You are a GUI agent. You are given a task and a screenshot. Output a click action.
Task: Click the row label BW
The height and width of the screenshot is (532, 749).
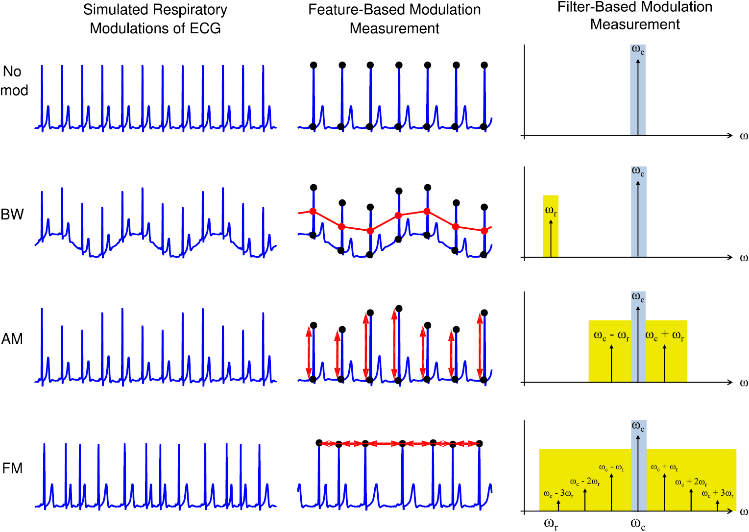tap(12, 214)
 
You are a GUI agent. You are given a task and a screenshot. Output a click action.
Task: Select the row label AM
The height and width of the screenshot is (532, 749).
tap(12, 339)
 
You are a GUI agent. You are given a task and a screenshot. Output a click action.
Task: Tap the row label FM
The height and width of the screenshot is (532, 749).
tap(12, 468)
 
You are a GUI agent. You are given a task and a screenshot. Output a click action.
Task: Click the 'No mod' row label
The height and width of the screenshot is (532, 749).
tap(14, 81)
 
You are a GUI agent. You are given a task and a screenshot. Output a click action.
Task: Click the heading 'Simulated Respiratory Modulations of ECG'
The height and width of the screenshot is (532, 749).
tap(155, 19)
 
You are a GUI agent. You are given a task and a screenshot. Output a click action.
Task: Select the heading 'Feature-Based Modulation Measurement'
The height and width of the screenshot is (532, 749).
tap(394, 19)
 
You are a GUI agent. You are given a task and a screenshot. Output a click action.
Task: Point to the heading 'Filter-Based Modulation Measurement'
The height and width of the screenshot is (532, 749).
tap(635, 15)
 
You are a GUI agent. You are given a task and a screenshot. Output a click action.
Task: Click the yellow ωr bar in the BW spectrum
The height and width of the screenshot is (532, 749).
tap(551, 226)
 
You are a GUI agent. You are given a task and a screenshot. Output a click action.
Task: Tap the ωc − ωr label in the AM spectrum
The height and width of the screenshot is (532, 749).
tap(611, 336)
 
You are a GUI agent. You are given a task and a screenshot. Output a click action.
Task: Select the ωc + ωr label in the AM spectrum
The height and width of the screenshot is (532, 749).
tap(664, 336)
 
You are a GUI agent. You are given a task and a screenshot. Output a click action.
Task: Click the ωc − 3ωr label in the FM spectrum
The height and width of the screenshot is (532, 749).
tap(558, 493)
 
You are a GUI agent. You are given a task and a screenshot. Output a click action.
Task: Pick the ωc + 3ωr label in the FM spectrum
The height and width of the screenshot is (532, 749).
tap(718, 493)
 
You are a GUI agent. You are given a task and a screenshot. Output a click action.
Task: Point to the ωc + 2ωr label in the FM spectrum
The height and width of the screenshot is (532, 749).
tap(691, 482)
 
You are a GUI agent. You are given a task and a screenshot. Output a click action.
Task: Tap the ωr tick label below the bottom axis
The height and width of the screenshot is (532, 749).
tap(551, 524)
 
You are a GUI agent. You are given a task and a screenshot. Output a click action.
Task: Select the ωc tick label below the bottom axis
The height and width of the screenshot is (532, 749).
tap(638, 524)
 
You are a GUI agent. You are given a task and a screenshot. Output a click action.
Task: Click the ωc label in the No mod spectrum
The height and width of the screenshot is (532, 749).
tap(638, 49)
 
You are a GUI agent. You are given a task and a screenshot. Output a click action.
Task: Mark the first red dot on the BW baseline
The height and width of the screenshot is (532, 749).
tap(313, 212)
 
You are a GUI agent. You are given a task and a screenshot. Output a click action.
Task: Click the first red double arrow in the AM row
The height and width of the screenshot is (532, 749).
tap(309, 352)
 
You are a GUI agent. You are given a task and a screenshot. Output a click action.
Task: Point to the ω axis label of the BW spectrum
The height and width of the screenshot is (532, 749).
tap(744, 258)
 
